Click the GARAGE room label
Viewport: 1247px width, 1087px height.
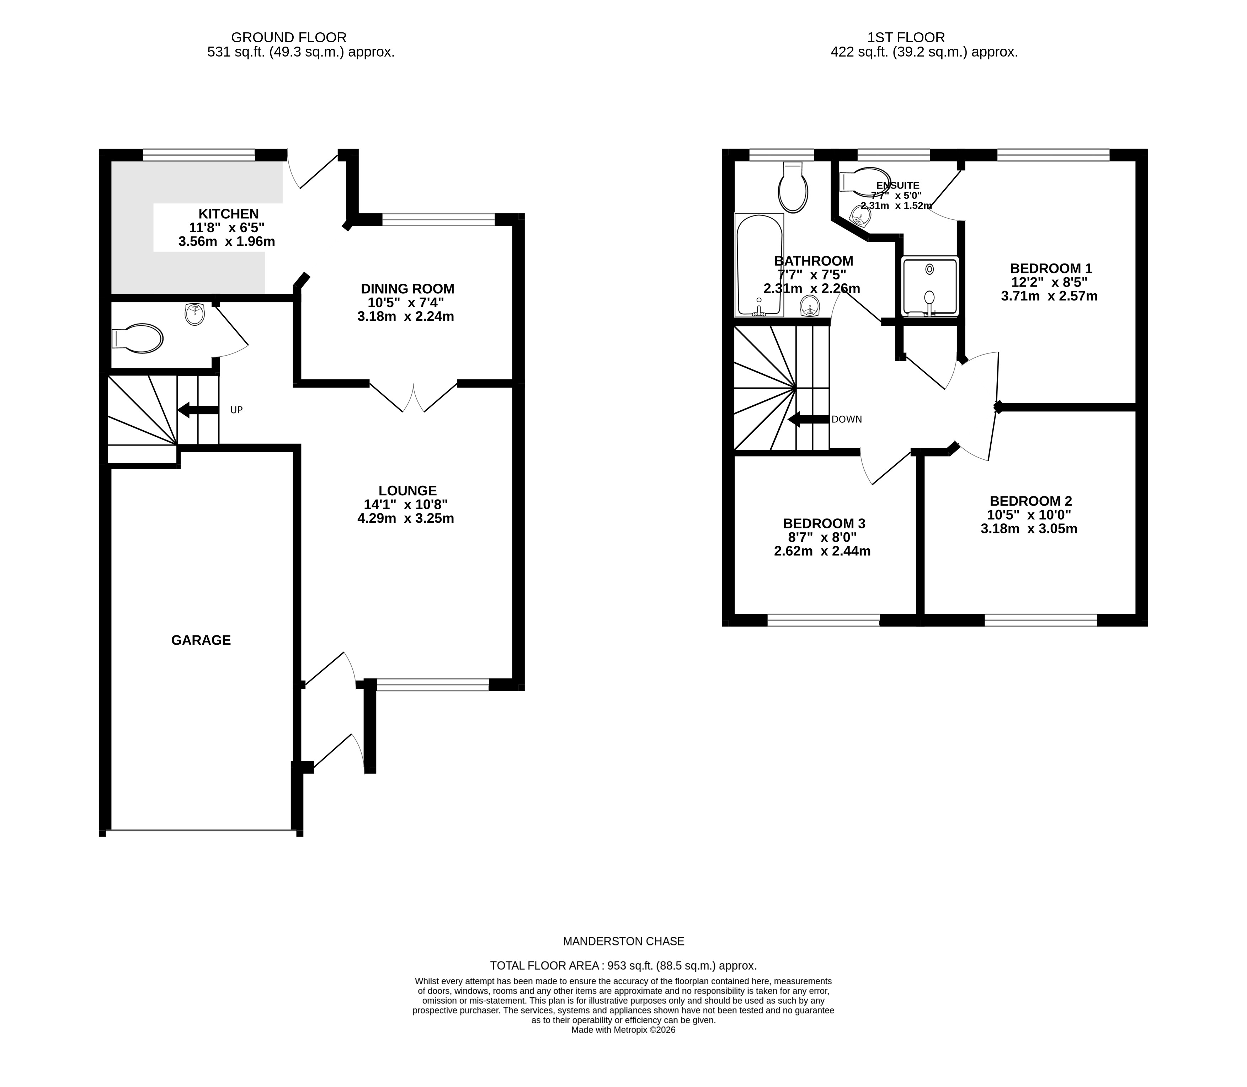(201, 640)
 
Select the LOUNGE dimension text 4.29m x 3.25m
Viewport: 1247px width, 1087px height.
(406, 519)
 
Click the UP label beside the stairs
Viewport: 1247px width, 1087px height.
(236, 410)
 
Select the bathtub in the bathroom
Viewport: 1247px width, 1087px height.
(759, 265)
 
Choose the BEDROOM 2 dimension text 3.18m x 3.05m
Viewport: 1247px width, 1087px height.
(1029, 529)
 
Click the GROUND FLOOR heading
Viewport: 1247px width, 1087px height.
(289, 38)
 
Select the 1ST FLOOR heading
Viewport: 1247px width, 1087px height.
(906, 38)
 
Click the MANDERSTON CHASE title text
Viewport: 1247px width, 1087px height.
(624, 942)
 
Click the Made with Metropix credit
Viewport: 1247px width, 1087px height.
(624, 1030)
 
